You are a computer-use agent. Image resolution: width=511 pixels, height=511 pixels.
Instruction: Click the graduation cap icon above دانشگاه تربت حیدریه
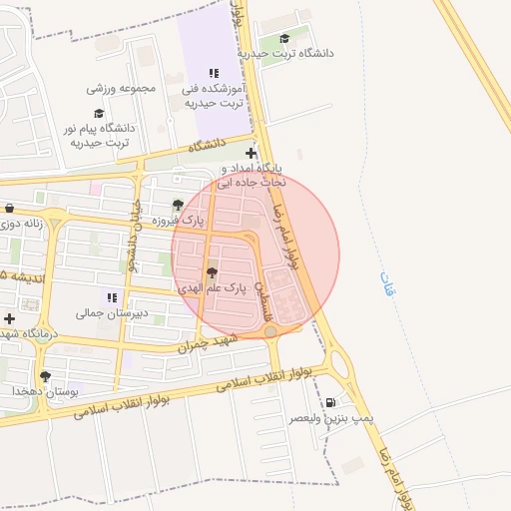coord(299,39)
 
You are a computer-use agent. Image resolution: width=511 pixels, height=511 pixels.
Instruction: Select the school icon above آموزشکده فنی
coord(213,73)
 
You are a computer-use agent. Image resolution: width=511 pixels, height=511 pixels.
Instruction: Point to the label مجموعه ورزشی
coord(123,88)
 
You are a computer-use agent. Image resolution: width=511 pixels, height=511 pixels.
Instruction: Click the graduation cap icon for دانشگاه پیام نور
coord(98,113)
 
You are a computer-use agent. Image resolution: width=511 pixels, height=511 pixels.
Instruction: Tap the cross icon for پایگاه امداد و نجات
coord(251,154)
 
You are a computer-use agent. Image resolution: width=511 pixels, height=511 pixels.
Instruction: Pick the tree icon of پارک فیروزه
coord(178,205)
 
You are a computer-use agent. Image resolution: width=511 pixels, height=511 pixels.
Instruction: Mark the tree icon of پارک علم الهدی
coord(211,272)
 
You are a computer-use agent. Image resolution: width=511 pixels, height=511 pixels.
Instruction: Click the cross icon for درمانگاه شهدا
coord(9,318)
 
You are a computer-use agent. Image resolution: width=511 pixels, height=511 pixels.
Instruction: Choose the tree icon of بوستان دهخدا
coord(45,376)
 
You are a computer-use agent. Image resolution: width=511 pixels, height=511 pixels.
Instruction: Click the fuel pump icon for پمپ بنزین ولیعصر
coord(329,403)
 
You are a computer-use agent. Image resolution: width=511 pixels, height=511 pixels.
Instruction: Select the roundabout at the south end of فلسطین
coord(270,330)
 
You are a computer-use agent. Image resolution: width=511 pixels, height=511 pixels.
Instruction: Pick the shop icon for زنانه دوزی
coord(9,209)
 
